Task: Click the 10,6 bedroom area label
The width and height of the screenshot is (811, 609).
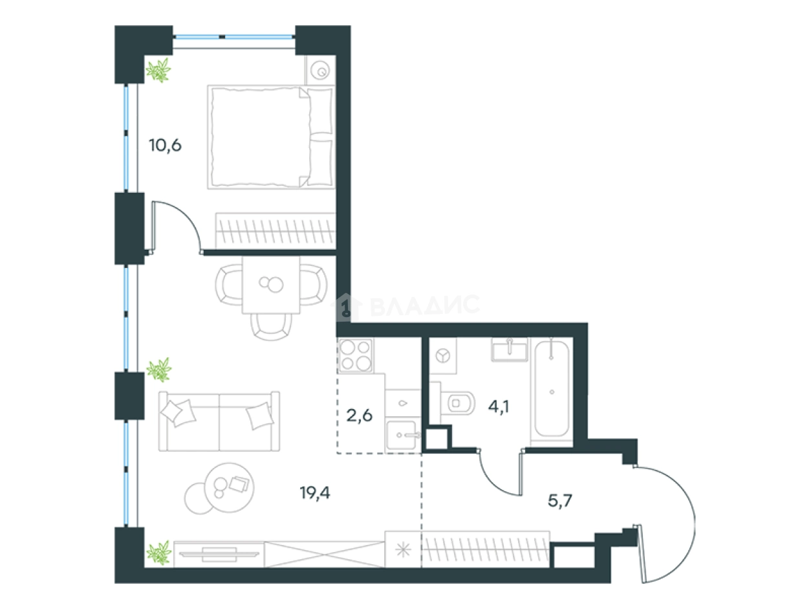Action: (x=165, y=146)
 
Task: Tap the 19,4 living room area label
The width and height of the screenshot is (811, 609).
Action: (x=315, y=493)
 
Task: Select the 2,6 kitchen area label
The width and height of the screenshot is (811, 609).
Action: (x=359, y=415)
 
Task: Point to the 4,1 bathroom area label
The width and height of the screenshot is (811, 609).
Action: (x=499, y=406)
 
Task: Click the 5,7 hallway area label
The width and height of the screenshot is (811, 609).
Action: (x=560, y=501)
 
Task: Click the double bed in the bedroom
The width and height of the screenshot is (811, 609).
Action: (x=271, y=137)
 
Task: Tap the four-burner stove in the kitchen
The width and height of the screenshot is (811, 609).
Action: (x=355, y=355)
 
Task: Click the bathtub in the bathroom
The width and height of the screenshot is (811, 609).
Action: (x=552, y=388)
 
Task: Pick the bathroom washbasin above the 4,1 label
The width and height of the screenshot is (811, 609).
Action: (x=510, y=349)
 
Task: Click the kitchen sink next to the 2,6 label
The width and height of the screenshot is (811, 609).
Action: (x=403, y=435)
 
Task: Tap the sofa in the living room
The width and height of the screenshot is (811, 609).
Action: (x=219, y=421)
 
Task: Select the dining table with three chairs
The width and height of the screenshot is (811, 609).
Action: (x=271, y=296)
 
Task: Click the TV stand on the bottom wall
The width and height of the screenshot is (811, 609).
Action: (x=219, y=554)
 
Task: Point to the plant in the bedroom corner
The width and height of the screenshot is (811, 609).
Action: (x=159, y=71)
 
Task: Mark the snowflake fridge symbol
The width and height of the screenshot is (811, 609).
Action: (x=403, y=551)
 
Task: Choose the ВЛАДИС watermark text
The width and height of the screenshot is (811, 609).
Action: (x=425, y=305)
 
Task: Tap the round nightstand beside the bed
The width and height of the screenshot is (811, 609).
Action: (x=320, y=71)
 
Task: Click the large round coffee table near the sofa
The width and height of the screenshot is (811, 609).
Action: (x=229, y=487)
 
